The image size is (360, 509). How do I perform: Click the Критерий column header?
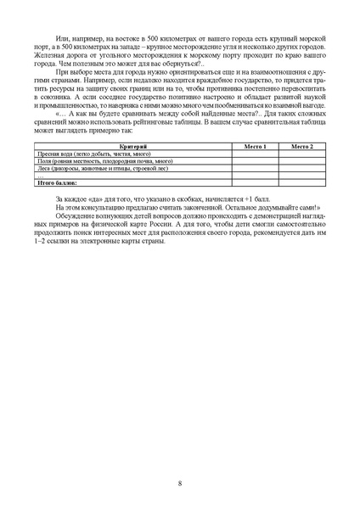pyautogui.click(x=132, y=147)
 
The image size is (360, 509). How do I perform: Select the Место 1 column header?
pyautogui.click(x=256, y=147)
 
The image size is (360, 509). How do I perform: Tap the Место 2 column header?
pyautogui.click(x=302, y=147)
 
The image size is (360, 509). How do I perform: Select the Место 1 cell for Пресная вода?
pyautogui.click(x=256, y=154)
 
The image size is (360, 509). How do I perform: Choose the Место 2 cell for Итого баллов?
pyautogui.click(x=302, y=182)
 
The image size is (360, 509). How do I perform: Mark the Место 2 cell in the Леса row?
pyautogui.click(x=302, y=167)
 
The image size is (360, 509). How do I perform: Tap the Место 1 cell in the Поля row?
pyautogui.click(x=256, y=160)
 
